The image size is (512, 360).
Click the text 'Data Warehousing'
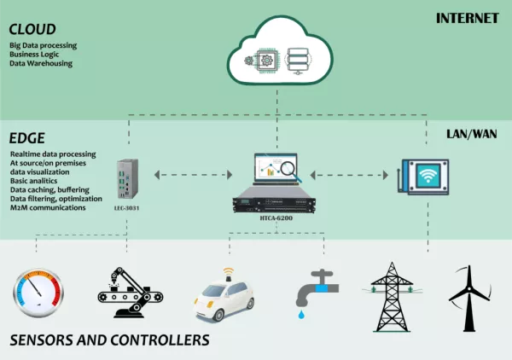point(42,64)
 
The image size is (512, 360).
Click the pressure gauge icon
point(37,294)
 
